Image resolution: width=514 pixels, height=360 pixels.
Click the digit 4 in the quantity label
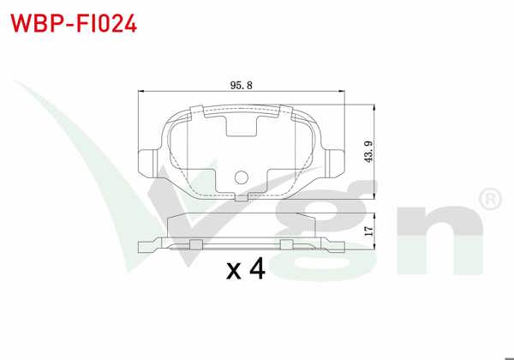click(256, 271)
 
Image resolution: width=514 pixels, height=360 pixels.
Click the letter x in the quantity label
click(233, 274)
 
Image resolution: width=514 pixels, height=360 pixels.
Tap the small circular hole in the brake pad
click(241, 178)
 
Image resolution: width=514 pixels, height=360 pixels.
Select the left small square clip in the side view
click(195, 243)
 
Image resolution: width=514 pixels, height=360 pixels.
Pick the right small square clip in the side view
click(287, 243)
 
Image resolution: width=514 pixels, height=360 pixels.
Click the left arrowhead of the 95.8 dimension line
click(142, 93)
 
